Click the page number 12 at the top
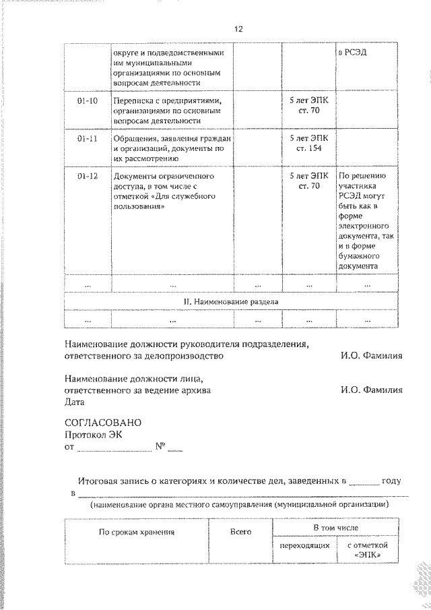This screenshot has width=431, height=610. tap(238, 29)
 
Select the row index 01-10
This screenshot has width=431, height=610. tap(88, 100)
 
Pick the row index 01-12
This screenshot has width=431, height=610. tap(88, 176)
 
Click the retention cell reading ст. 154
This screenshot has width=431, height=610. tap(308, 148)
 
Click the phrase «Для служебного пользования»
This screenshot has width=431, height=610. tap(164, 201)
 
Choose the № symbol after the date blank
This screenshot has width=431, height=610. tap(161, 446)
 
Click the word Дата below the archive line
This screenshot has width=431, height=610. tap(74, 402)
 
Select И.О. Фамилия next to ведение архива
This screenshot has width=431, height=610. tap(371, 390)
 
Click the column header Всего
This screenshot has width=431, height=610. tap(240, 532)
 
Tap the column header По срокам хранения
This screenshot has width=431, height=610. tap(137, 532)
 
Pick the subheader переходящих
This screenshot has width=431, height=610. tap(304, 545)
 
